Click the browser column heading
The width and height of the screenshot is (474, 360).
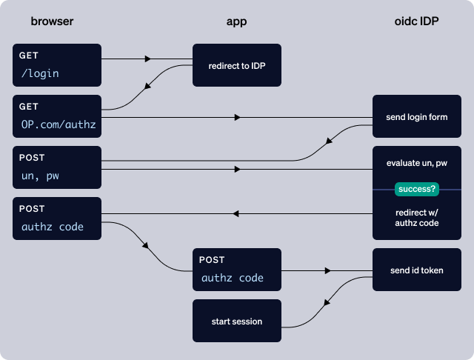pos(53,21)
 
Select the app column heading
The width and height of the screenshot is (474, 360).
pos(236,21)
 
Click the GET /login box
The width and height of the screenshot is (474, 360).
pos(56,65)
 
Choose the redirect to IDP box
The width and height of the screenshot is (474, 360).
pos(237,66)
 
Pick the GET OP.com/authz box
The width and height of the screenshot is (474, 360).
pos(56,116)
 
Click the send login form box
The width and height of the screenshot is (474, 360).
pos(416,117)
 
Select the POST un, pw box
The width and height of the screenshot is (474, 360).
pos(56,167)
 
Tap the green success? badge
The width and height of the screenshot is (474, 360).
pos(417,190)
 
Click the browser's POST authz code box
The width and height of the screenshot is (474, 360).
pos(56,219)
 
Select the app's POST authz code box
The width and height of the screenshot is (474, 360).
pos(237,270)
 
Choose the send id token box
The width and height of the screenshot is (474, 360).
pos(416,270)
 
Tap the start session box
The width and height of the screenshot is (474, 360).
pos(237,321)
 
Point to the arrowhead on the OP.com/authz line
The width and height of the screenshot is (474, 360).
pos(237,117)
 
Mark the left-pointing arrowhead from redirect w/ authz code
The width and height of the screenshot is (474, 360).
pos(237,213)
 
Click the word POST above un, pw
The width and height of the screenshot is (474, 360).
pos(33,158)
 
